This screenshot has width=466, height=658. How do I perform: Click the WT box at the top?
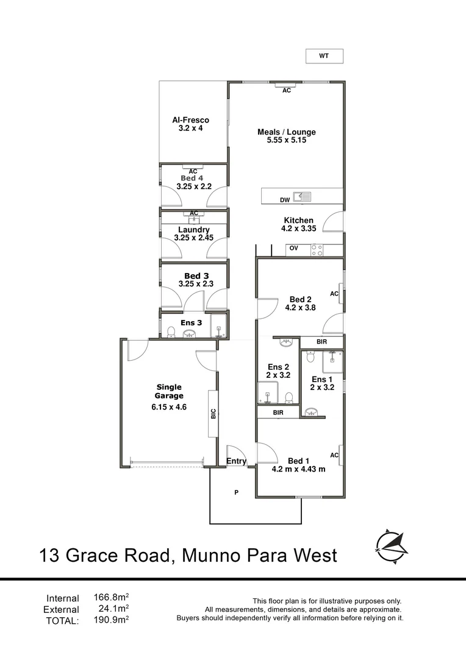(x=324, y=56)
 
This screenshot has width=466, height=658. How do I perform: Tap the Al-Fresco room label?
(x=190, y=121)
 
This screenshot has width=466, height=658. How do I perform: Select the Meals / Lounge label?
(x=286, y=132)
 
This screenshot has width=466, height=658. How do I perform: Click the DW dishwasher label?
(x=284, y=200)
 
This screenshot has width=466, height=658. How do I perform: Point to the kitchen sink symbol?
(x=302, y=196)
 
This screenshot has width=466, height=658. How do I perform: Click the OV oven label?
(x=293, y=249)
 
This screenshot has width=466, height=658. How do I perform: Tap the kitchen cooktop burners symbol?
(x=317, y=249)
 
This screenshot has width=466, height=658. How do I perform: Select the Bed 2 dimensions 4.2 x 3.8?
(x=300, y=308)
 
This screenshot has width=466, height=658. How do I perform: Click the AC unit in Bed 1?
(x=335, y=455)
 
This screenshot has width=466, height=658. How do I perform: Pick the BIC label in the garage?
(x=213, y=414)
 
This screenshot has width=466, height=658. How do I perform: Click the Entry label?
(x=236, y=461)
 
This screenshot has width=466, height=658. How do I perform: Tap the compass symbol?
(x=390, y=545)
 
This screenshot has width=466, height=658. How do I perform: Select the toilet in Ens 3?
(x=172, y=332)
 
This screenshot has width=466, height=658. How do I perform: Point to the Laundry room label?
(x=194, y=230)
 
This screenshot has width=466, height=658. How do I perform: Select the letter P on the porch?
(x=236, y=492)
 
